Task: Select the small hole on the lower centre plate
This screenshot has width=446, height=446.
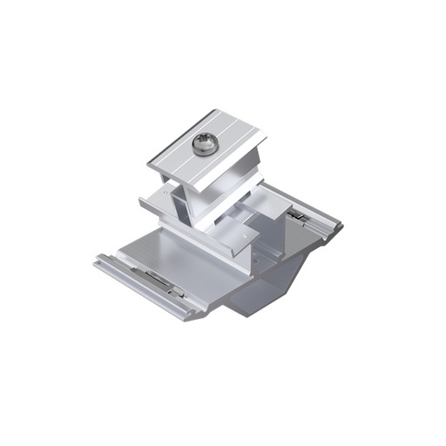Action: click(x=249, y=233)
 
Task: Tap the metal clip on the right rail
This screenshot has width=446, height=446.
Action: click(x=296, y=215)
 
